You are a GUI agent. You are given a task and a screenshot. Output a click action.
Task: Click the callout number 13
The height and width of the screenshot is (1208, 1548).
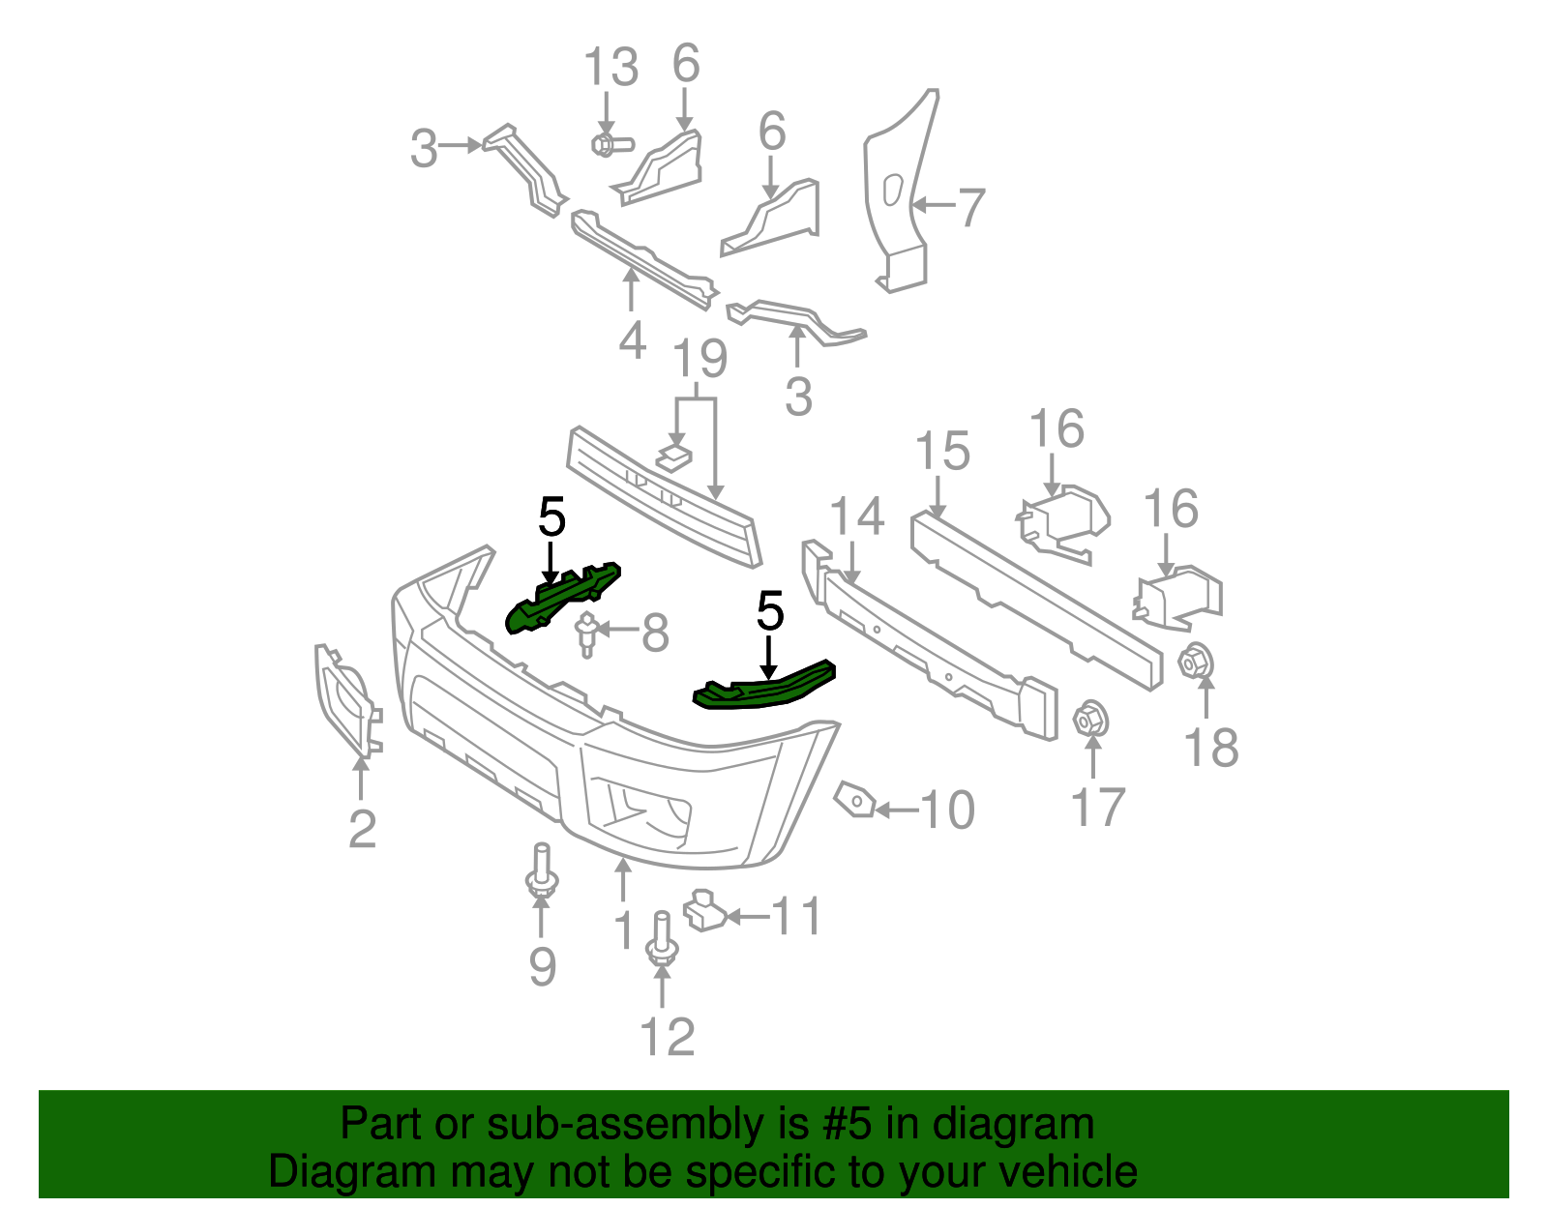[x=610, y=69]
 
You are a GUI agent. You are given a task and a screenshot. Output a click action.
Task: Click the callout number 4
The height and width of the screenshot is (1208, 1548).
[x=632, y=340]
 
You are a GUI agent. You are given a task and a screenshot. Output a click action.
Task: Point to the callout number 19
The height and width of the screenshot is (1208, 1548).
[x=700, y=359]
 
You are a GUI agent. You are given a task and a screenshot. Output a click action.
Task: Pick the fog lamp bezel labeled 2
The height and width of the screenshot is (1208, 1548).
[x=344, y=702]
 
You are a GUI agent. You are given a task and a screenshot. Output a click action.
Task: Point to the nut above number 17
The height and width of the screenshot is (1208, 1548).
[x=1091, y=720]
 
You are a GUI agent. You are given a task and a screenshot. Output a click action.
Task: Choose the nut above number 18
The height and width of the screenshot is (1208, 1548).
[x=1195, y=663]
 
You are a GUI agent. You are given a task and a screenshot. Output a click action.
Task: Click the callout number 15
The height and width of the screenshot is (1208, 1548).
[x=942, y=452]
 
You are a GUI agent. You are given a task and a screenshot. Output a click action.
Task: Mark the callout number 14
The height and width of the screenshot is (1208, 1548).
[x=856, y=516]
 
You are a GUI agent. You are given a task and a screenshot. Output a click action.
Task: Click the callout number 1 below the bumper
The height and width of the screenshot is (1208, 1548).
[x=624, y=930]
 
